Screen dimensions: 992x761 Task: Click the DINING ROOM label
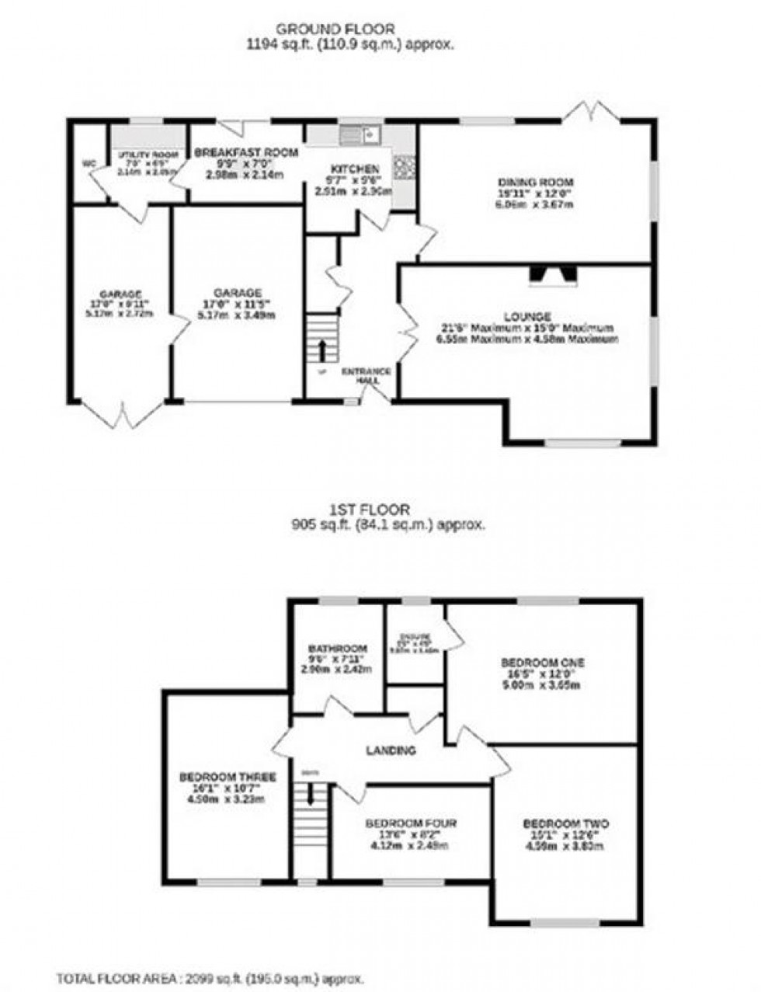(x=535, y=183)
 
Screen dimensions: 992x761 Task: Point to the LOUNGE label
(x=527, y=317)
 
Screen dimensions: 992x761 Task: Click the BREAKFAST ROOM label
(x=245, y=153)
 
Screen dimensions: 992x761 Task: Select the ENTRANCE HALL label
(x=367, y=376)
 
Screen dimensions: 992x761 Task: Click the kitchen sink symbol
(x=359, y=135)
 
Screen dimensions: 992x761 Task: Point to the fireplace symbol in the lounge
(x=553, y=273)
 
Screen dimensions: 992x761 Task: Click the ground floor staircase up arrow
(x=321, y=348)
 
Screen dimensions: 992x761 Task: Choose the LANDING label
(x=391, y=751)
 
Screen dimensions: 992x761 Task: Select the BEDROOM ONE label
(x=542, y=663)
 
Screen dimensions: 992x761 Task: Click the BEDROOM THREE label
(x=228, y=777)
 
